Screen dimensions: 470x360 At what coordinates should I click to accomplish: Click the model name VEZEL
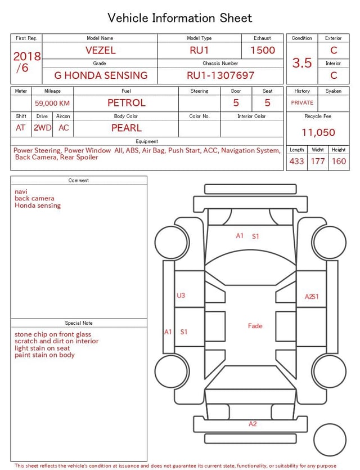(100, 50)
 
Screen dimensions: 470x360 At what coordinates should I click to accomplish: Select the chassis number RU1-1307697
(220, 75)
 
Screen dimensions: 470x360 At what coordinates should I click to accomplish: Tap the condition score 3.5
(302, 62)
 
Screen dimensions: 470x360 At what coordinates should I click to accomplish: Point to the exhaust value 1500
(263, 50)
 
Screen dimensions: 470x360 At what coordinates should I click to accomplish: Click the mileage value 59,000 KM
(52, 103)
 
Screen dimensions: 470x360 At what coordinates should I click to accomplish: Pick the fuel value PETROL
(127, 103)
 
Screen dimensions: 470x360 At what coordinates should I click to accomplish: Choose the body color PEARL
(127, 128)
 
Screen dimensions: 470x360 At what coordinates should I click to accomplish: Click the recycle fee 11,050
(318, 133)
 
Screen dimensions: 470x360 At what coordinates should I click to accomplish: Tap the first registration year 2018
(27, 56)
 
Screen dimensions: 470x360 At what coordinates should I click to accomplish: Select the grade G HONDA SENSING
(101, 75)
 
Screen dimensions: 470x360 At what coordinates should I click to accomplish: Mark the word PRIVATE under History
(302, 103)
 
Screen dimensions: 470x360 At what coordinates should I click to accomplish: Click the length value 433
(296, 162)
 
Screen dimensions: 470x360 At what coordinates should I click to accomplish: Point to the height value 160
(339, 162)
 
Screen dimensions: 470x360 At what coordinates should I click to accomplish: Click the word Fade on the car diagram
(255, 326)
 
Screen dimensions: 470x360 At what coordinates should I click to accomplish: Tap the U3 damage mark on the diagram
(181, 296)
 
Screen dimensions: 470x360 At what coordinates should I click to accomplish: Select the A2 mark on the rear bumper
(253, 424)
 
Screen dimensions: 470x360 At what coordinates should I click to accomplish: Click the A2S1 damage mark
(312, 297)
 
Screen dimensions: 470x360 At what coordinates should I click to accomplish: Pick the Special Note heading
(79, 323)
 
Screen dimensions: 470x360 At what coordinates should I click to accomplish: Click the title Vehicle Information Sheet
(180, 18)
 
